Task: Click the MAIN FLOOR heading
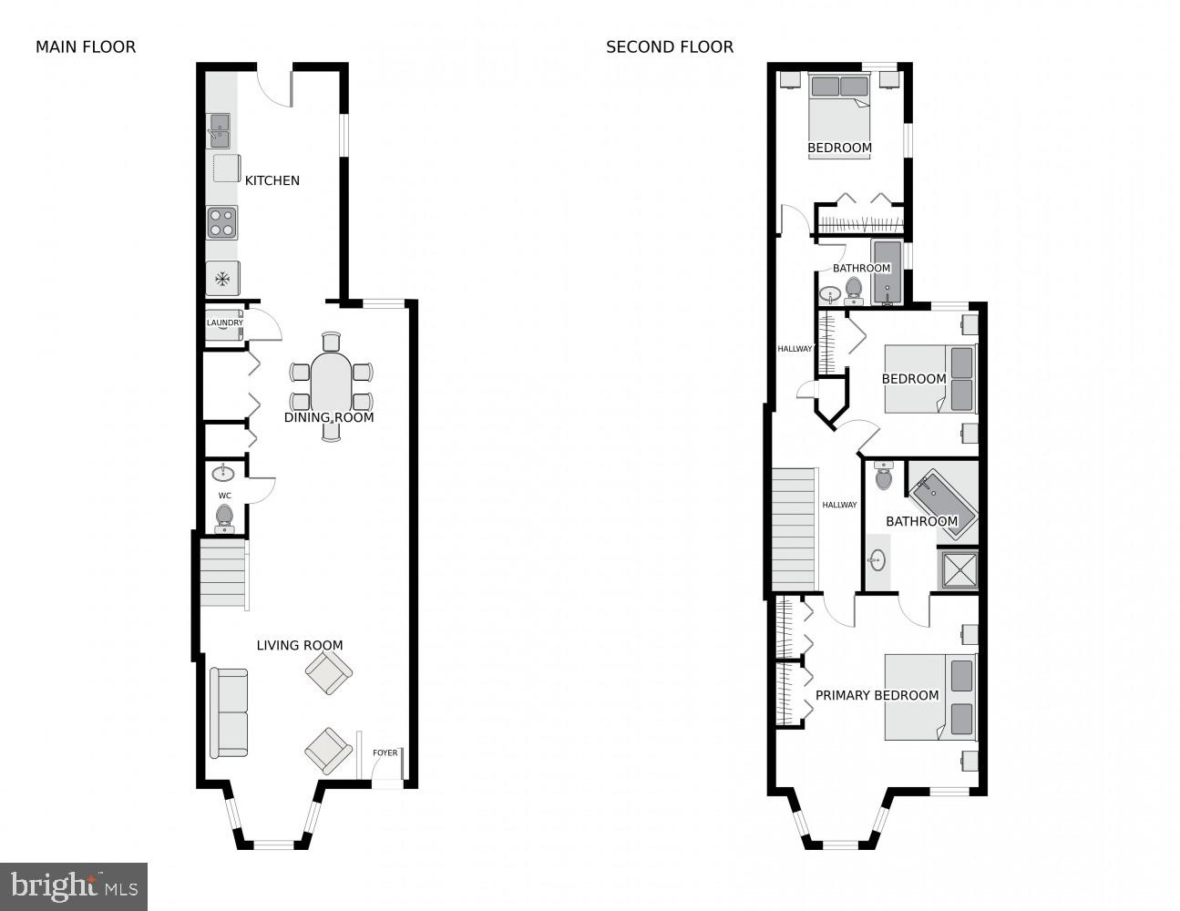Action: point(86,47)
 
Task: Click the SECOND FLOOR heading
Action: point(670,47)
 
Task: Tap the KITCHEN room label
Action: point(272,180)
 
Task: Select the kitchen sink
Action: point(220,130)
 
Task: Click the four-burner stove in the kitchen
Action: point(221,222)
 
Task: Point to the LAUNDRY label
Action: point(224,322)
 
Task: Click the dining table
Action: point(331,384)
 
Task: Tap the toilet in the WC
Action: point(224,518)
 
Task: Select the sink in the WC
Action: point(223,474)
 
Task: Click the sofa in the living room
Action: point(229,713)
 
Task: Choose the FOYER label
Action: point(385,752)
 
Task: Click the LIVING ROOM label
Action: point(300,645)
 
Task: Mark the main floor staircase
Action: point(223,573)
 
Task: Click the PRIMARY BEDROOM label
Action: point(877,695)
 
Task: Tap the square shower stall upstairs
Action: point(957,569)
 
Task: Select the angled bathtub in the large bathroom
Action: point(943,504)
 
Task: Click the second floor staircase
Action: point(793,528)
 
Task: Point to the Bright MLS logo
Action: point(74,885)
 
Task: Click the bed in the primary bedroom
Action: point(929,697)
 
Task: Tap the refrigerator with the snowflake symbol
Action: point(222,278)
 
